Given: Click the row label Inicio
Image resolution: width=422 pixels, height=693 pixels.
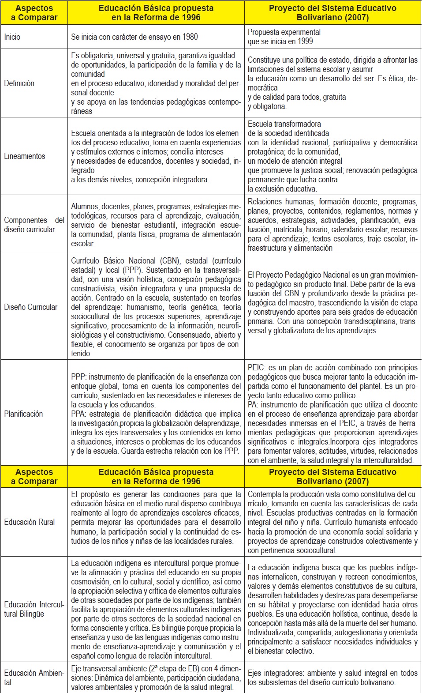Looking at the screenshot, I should coord(12,37).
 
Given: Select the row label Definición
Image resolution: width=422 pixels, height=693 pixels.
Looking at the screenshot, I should coord(19,83).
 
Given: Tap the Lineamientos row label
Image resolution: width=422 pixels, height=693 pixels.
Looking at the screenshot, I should coord(25,156).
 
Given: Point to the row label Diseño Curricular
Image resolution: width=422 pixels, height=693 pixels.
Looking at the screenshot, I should coord(30,307).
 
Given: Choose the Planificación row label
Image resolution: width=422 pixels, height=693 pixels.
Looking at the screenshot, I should coord(23,414).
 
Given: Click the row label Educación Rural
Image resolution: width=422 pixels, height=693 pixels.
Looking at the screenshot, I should coord(30,522).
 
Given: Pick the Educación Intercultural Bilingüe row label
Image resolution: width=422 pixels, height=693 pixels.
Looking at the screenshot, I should coord(34,609).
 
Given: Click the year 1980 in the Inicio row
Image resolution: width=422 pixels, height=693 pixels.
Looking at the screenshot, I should coord(190,37).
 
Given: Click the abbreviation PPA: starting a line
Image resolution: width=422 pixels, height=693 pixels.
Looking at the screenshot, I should coord(79,414).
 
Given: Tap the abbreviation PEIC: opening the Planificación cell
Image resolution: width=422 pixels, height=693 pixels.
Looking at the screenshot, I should coord(256,368).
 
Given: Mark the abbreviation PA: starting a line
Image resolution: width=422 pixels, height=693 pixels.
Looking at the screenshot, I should coord(253,405).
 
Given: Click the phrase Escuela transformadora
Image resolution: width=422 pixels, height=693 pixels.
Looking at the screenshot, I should coord(284,124).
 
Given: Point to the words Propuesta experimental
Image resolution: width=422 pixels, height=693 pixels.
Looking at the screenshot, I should coord(284,32).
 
